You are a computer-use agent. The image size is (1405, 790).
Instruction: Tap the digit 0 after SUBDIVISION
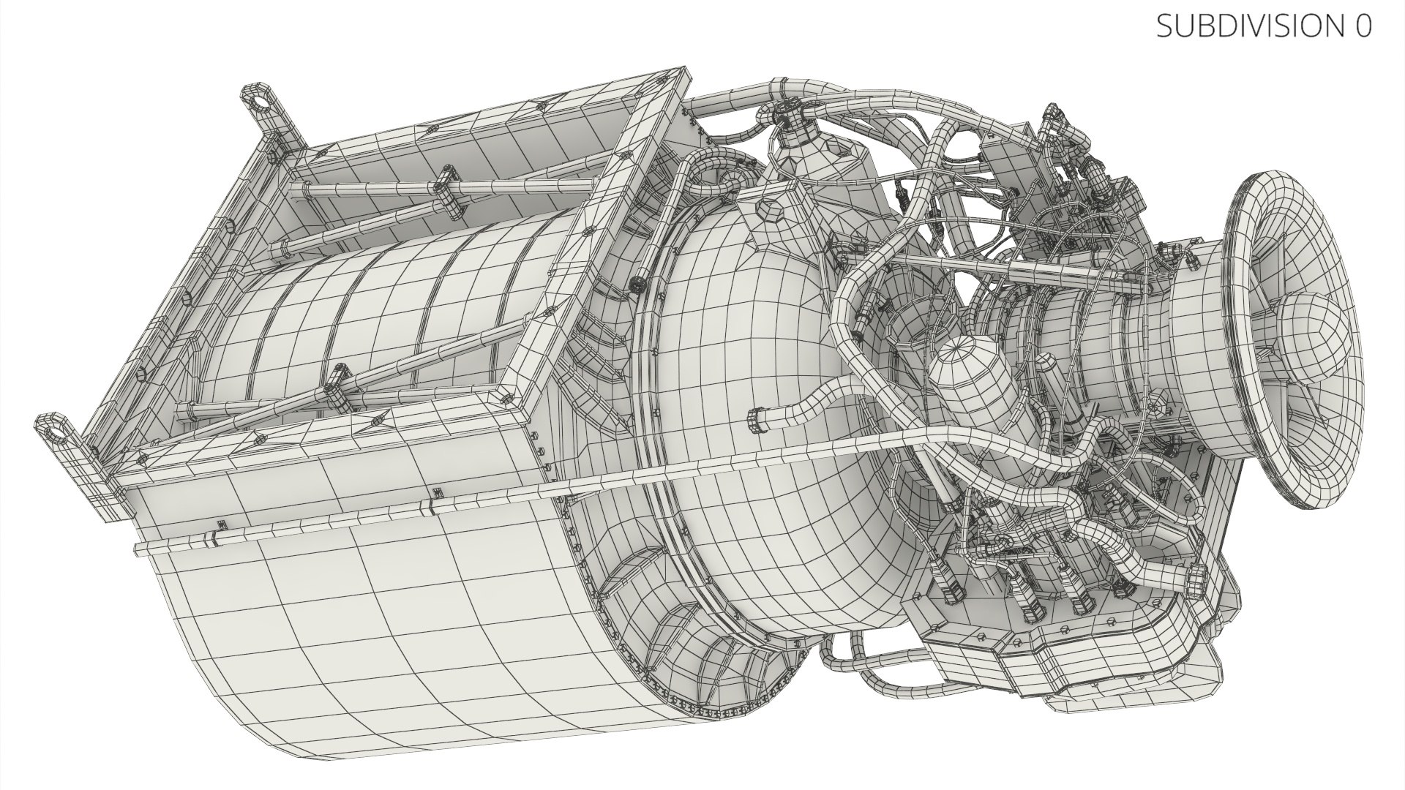pyautogui.click(x=1363, y=26)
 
